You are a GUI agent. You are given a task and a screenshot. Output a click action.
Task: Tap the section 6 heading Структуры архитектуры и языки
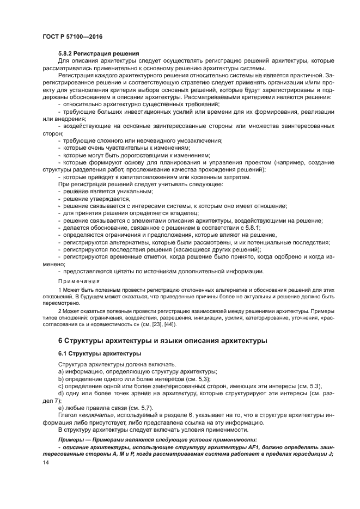(162, 341)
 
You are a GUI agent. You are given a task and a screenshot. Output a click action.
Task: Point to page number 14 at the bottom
(45, 462)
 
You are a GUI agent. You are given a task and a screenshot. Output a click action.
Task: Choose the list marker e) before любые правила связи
(61, 408)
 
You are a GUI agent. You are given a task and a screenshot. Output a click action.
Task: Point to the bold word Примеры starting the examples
(71, 439)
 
